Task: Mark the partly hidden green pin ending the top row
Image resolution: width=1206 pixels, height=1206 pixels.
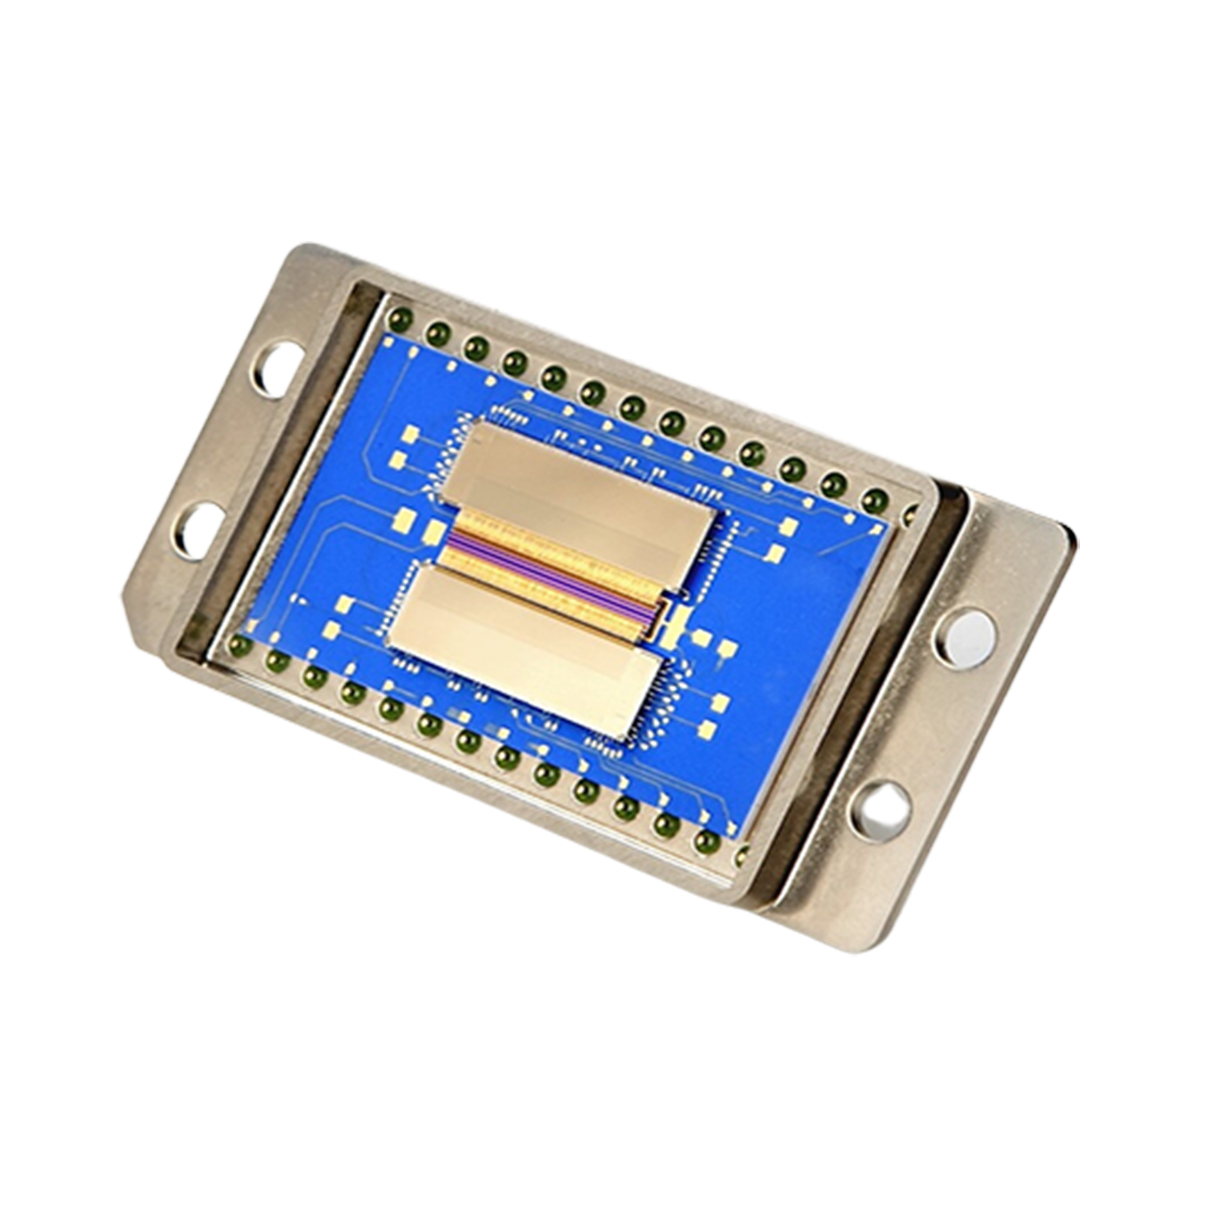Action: click(x=910, y=513)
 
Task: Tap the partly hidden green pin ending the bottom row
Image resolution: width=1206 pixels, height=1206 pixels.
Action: click(x=742, y=855)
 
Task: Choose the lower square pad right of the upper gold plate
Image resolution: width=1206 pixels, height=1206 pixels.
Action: click(x=777, y=552)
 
